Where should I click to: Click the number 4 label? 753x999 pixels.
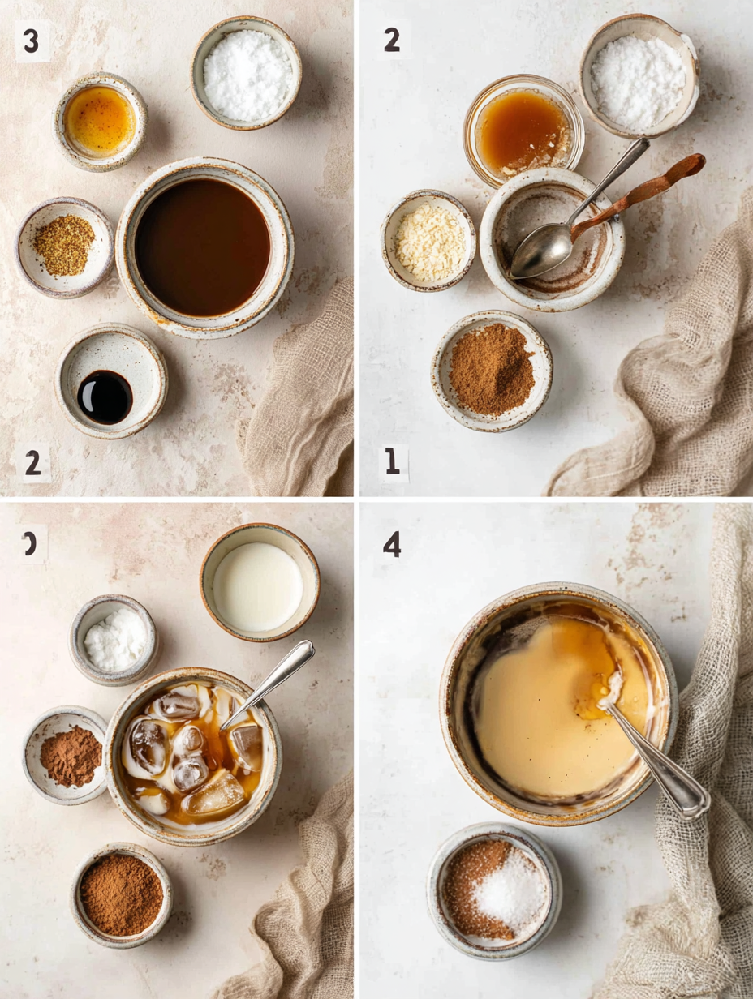pos(392,544)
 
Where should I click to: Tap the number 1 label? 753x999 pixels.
pos(393,461)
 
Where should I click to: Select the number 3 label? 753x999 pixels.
pos(32,41)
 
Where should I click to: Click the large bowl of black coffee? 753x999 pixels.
pos(203,247)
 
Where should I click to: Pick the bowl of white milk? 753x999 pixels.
pos(259,585)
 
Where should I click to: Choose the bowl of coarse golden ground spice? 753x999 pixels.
pos(64,246)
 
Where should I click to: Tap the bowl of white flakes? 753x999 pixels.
pos(429,241)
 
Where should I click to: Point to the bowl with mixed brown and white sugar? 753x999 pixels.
pos(494,890)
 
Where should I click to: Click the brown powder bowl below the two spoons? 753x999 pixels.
pos(492,369)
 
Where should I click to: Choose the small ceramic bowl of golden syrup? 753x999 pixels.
pos(101,122)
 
